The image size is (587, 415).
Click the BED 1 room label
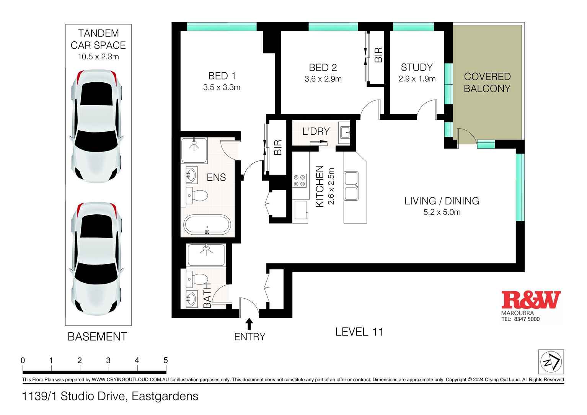click(222, 76)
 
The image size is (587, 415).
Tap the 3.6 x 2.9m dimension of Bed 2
click(323, 79)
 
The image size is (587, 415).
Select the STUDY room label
click(416, 67)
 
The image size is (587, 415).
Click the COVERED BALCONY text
click(487, 82)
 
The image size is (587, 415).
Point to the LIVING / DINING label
click(442, 201)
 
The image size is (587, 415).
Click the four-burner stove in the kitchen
click(300, 181)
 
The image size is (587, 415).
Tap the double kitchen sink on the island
click(351, 186)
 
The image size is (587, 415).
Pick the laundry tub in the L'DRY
click(344, 132)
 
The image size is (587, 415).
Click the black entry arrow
click(249, 324)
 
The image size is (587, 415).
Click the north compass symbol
click(551, 362)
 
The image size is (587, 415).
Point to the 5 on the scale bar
click(166, 360)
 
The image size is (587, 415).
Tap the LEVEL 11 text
click(359, 332)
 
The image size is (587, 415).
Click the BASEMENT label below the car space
click(97, 337)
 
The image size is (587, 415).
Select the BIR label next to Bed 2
click(378, 55)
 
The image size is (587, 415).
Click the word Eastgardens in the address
click(165, 396)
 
